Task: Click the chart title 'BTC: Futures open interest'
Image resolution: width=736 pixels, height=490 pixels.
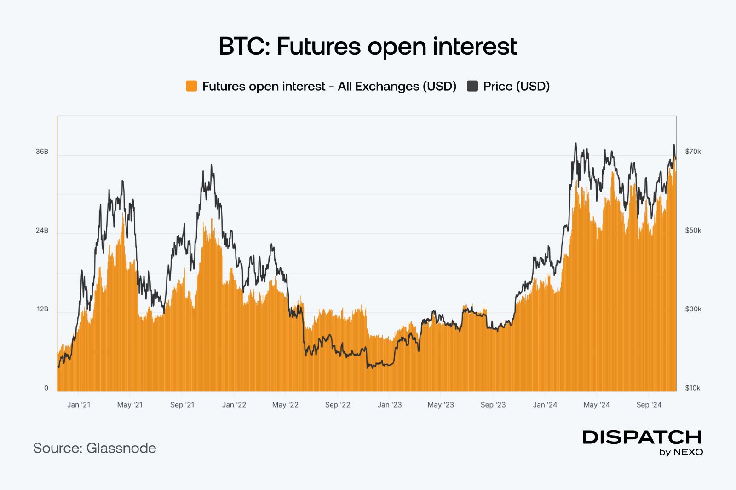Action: [368, 47]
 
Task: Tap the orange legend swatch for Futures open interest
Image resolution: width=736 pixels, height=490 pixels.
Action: [191, 86]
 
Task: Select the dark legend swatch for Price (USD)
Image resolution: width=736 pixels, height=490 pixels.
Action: [472, 86]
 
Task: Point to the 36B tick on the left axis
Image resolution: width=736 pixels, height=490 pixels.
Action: [42, 152]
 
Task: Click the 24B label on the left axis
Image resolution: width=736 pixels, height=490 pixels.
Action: [42, 230]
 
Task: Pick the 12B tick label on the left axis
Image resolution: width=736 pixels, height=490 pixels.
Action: [42, 309]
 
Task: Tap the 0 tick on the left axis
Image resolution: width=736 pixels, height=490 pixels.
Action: [46, 388]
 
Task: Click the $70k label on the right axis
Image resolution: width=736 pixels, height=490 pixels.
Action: [693, 152]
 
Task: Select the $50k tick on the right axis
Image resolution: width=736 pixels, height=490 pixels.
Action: [693, 230]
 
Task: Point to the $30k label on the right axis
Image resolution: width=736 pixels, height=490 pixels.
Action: [693, 309]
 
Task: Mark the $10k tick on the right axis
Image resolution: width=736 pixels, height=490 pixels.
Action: [692, 388]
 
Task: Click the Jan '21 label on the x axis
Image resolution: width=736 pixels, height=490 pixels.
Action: [79, 405]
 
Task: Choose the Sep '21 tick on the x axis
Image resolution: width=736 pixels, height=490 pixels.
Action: [182, 405]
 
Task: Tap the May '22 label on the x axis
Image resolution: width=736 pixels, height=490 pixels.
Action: [285, 405]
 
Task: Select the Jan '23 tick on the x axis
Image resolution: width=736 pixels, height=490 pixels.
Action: [389, 405]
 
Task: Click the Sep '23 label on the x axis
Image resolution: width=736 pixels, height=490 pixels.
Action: [493, 405]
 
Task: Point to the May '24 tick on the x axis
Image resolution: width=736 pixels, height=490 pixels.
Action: [596, 405]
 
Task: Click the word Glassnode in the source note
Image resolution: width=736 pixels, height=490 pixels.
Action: [121, 448]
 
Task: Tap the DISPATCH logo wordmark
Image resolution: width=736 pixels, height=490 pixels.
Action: [642, 437]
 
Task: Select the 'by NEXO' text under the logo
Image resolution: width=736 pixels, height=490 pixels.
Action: [681, 452]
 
